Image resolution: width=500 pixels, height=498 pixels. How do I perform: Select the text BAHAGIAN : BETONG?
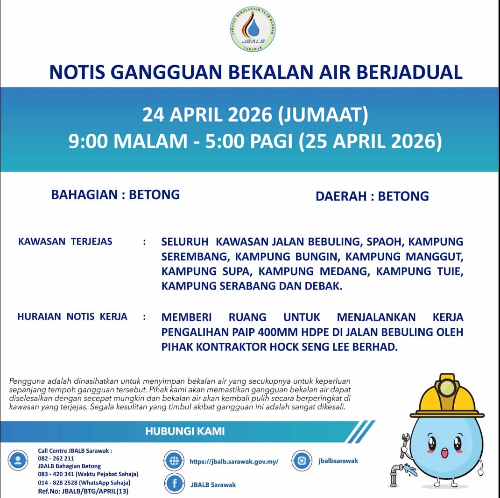(x=115, y=194)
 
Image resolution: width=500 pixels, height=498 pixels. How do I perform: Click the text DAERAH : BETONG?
(x=372, y=196)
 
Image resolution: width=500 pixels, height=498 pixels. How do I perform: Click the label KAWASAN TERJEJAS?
(x=65, y=242)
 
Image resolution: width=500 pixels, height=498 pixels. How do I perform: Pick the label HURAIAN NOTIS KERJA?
(x=72, y=317)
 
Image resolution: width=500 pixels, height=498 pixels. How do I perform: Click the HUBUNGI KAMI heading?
(x=185, y=431)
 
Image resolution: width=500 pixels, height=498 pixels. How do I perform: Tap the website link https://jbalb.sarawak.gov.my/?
(x=234, y=462)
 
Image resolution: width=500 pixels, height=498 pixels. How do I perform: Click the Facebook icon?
(x=175, y=484)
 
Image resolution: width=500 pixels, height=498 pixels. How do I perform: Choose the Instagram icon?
(x=302, y=461)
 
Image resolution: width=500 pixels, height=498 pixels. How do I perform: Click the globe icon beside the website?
(x=175, y=461)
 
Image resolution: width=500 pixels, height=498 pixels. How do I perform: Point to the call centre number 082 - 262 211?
(x=56, y=458)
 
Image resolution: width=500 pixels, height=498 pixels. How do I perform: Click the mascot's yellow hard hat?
(x=447, y=398)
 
